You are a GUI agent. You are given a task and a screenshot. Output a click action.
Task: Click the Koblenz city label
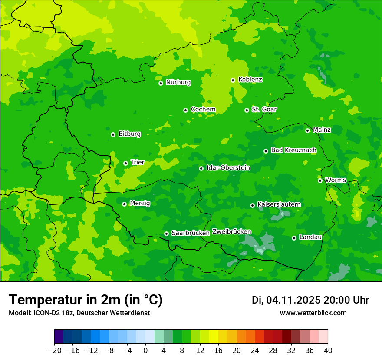pos(250,80)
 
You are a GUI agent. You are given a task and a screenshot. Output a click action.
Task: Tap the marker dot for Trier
pos(125,163)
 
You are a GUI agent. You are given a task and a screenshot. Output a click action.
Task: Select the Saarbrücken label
pos(191,233)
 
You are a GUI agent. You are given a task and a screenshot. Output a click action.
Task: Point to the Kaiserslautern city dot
pos(252,205)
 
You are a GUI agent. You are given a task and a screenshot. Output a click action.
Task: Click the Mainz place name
pos(322,130)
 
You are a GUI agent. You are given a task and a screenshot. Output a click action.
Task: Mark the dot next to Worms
pos(320,180)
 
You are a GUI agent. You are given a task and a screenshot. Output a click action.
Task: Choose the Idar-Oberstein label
pos(228,167)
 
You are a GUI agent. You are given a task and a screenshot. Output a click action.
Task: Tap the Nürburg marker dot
pos(161,83)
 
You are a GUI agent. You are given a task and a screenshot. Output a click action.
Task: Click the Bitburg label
pos(129,134)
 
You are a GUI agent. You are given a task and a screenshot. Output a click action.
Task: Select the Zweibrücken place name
pos(231,231)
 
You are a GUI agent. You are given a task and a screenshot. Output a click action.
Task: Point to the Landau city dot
pos(294,238)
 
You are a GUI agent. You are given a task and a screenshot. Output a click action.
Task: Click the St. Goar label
pos(264,109)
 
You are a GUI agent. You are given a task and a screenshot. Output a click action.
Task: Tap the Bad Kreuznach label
pos(293,150)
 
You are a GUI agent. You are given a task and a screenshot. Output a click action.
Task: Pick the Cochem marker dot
pos(185,110)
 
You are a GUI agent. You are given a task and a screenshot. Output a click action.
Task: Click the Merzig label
pos(140,203)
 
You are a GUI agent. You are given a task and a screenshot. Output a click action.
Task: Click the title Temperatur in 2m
pos(86,300)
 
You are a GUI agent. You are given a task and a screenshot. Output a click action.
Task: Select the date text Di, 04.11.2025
pos(286,300)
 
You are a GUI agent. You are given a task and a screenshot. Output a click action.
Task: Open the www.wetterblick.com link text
pos(313,313)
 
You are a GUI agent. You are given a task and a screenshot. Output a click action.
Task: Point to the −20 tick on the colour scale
pos(54,351)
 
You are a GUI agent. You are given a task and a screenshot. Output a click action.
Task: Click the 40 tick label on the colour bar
pos(328,351)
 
